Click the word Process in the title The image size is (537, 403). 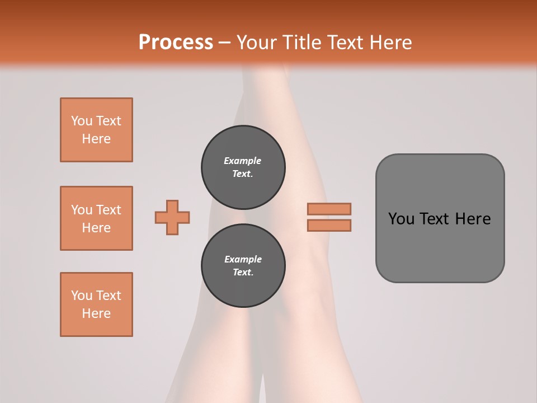[176, 43]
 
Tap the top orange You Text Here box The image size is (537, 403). [96, 130]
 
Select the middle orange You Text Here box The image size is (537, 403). [96, 218]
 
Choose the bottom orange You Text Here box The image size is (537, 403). [96, 304]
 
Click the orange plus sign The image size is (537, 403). [172, 217]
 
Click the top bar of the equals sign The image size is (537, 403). [329, 209]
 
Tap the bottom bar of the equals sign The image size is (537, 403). [329, 226]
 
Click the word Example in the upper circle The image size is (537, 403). [243, 161]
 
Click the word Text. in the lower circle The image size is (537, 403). [243, 273]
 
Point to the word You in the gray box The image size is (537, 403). [401, 219]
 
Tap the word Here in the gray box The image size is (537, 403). [473, 219]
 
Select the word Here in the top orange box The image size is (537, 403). [96, 139]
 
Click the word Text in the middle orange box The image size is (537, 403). [109, 210]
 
